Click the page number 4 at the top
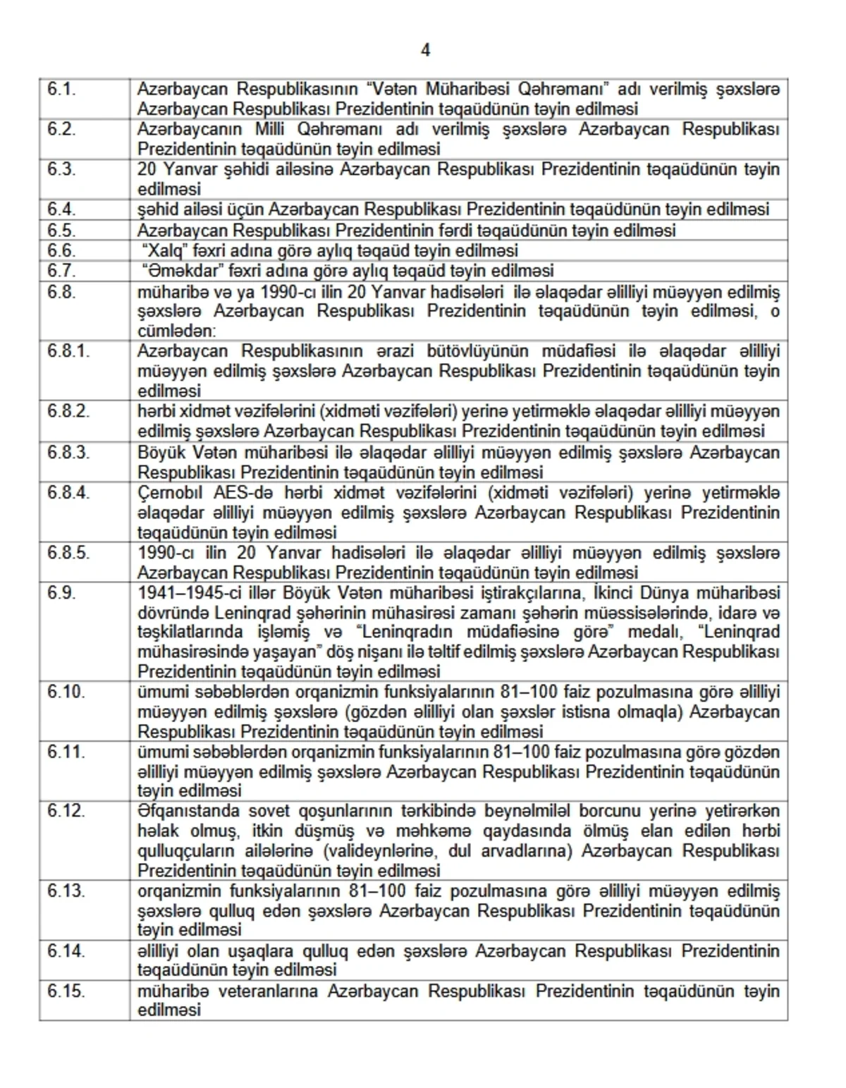pyautogui.click(x=425, y=50)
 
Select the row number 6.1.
pyautogui.click(x=61, y=90)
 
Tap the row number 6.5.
pyautogui.click(x=61, y=231)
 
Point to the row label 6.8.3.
pyautogui.click(x=68, y=453)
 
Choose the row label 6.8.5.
pyautogui.click(x=68, y=553)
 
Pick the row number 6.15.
pyautogui.click(x=66, y=991)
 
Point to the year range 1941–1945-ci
pyautogui.click(x=190, y=593)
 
